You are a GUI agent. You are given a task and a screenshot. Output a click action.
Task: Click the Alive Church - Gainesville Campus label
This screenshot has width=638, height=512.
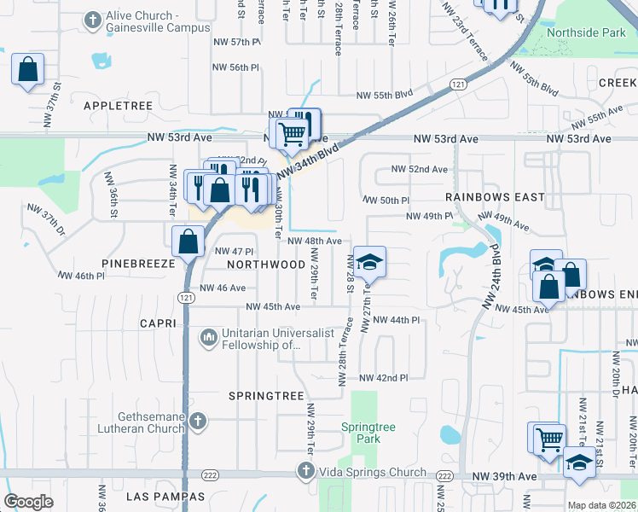pos(154,22)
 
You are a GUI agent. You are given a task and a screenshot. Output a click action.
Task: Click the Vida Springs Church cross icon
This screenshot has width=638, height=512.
pos(306,471)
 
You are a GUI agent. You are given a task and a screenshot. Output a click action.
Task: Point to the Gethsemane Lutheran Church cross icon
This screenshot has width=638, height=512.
pos(197,421)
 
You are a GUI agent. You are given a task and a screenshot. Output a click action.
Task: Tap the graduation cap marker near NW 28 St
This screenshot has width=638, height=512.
pos(370,263)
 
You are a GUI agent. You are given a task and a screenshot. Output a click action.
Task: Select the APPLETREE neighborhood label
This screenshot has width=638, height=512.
pos(118,106)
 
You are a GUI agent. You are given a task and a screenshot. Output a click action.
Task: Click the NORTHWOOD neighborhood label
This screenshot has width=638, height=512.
pos(266,265)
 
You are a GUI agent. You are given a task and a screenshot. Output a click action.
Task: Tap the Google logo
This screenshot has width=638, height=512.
pos(28,502)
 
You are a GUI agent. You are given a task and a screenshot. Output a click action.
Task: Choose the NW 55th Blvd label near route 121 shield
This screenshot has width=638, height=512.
pos(384,95)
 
